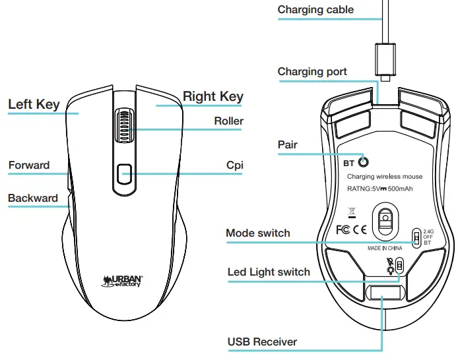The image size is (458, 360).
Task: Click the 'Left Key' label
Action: pos(34,104)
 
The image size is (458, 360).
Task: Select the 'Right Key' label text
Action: pos(213,96)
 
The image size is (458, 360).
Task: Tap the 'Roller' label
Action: pos(228,121)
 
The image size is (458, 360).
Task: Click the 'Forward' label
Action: pos(29,165)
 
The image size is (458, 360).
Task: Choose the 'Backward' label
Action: pos(32,198)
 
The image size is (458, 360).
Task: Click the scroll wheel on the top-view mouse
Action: pos(123,125)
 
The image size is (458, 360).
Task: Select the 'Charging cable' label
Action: pos(315,10)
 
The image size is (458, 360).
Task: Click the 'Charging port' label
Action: pos(312,72)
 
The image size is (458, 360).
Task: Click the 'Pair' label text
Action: pos(287,145)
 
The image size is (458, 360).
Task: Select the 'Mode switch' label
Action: pos(257,233)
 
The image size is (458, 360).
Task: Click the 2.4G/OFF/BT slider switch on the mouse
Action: pos(416,237)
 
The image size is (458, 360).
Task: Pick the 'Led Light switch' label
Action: pos(269,272)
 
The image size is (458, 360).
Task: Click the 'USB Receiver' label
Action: pos(262,342)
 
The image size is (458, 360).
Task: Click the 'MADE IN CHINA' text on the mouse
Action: pos(385,249)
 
